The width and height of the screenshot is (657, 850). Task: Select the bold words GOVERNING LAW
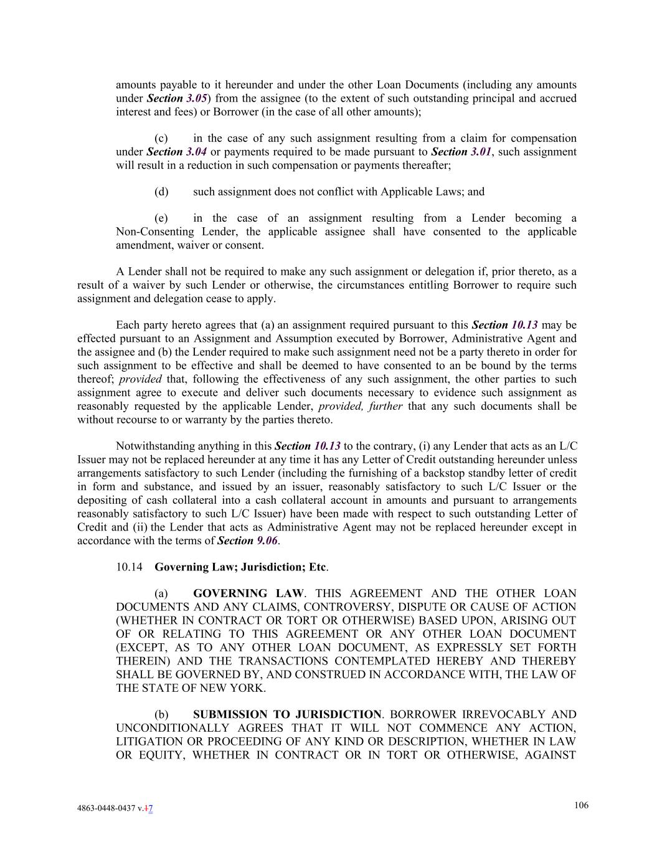pos(248,593)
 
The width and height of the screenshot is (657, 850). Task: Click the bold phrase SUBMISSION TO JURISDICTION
pos(287,714)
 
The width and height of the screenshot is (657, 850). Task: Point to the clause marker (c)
pos(161,138)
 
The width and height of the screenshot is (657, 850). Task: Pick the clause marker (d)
pos(161,192)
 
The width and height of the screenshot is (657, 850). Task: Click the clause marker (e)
pos(161,218)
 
